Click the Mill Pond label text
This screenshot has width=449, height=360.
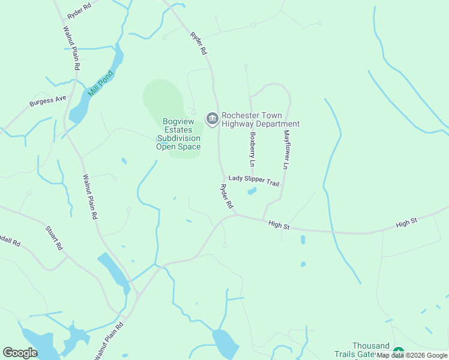click(x=101, y=84)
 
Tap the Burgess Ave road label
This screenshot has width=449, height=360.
click(x=48, y=101)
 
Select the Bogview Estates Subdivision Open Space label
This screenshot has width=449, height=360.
click(x=178, y=134)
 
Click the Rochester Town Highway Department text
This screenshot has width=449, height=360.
click(x=260, y=119)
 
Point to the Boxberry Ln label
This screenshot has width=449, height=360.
click(x=253, y=149)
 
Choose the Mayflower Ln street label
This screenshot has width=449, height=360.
click(x=286, y=148)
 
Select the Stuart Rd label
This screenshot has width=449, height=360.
click(x=54, y=237)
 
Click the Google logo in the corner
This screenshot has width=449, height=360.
click(x=20, y=353)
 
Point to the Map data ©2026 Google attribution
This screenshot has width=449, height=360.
click(x=412, y=355)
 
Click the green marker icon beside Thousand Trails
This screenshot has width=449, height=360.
click(x=399, y=352)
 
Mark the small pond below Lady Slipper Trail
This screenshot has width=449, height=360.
click(x=252, y=191)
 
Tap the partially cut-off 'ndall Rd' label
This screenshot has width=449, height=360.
click(x=10, y=243)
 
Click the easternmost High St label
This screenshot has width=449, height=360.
click(x=406, y=224)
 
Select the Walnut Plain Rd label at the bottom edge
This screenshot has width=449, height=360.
click(x=109, y=341)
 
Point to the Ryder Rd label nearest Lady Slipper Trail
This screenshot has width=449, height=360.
click(x=226, y=196)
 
